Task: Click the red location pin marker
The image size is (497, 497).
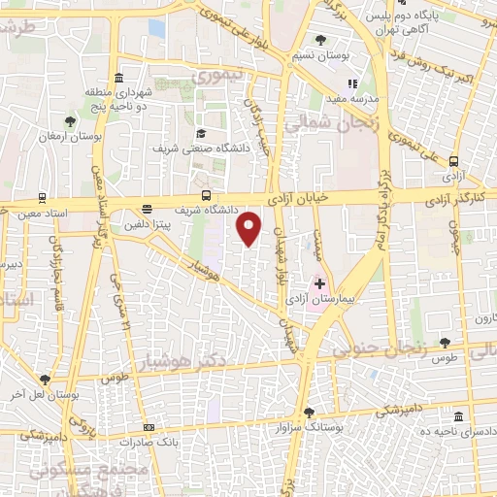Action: tap(249, 229)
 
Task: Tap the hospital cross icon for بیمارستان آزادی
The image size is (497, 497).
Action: tap(319, 284)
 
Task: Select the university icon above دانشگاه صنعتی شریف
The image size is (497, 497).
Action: tap(200, 134)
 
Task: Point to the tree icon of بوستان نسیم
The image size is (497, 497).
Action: tap(321, 41)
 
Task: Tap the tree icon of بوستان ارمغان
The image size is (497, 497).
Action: tap(70, 121)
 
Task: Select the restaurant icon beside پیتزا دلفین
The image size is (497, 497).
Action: tap(147, 208)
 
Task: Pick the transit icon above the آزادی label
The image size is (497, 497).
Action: tap(453, 162)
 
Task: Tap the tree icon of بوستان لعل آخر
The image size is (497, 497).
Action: tap(45, 380)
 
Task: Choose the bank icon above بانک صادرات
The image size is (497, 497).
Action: tap(149, 426)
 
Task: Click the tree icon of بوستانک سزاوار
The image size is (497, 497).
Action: tap(309, 412)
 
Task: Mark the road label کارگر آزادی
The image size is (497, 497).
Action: tap(459, 198)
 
